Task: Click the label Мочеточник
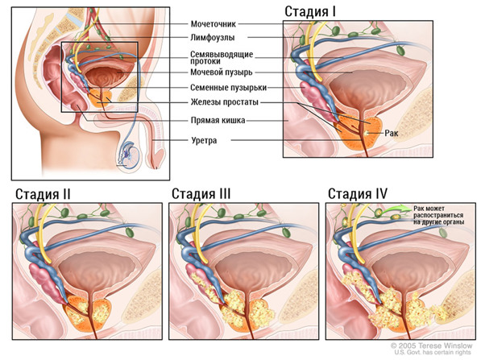[214, 24]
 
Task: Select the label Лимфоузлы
[213, 38]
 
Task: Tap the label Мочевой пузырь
[222, 72]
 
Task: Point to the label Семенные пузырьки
[229, 88]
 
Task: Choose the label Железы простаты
[225, 102]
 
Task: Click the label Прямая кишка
[218, 120]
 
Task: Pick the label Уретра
[204, 141]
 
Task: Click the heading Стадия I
[310, 12]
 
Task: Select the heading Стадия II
[43, 194]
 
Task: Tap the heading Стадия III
[201, 194]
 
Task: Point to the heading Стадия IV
[358, 194]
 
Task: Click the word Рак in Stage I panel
[391, 133]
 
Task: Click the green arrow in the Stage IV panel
[396, 209]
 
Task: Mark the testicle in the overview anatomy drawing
[130, 156]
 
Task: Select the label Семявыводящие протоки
[222, 58]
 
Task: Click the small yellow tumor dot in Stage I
[367, 133]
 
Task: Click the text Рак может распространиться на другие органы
[438, 215]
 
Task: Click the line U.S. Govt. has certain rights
[432, 353]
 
